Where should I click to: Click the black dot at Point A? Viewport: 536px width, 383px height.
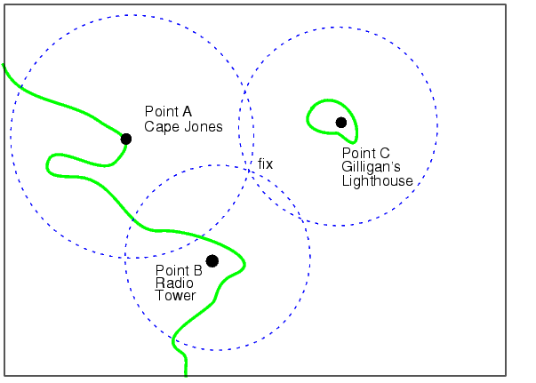click(x=126, y=139)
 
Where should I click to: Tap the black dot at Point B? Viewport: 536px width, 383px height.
click(x=212, y=261)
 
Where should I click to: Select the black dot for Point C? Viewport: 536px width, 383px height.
click(x=341, y=123)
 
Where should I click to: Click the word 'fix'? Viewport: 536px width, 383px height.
click(x=265, y=164)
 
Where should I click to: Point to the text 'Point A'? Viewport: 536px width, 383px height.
click(x=168, y=111)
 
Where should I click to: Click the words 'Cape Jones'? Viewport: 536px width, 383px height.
click(x=183, y=127)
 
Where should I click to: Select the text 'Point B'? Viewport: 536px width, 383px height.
click(x=179, y=271)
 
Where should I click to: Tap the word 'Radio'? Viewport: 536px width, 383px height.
click(x=174, y=283)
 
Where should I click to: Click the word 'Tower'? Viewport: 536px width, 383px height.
click(x=175, y=296)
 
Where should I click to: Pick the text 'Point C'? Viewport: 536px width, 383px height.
click(x=365, y=153)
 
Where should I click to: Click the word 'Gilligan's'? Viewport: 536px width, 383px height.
click(x=371, y=167)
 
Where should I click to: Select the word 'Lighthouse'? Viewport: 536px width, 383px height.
click(x=378, y=180)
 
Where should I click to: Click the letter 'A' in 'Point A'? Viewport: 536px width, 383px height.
click(x=187, y=111)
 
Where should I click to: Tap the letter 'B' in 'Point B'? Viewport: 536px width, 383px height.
click(x=198, y=271)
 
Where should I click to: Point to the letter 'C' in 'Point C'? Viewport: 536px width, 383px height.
click(x=385, y=153)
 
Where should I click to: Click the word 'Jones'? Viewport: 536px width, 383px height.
click(x=203, y=127)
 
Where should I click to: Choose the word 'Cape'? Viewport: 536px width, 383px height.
click(x=162, y=127)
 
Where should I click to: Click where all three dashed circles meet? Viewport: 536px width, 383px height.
click(x=249, y=169)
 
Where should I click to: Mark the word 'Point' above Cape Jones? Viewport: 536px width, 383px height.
click(x=162, y=111)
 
